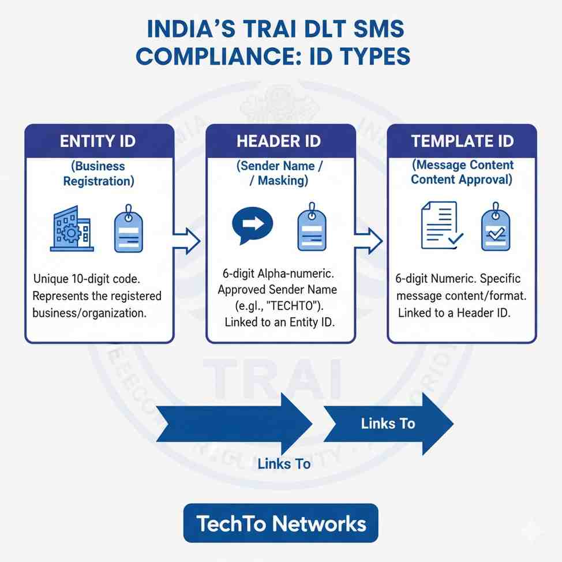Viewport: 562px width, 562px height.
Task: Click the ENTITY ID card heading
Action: (99, 141)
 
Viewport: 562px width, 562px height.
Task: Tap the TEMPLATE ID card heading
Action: (462, 141)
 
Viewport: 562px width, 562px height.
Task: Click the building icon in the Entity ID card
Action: (71, 228)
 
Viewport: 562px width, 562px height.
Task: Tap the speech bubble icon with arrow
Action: (251, 224)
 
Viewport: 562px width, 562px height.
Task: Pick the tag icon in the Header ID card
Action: (312, 228)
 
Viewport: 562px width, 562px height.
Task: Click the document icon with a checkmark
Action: (440, 226)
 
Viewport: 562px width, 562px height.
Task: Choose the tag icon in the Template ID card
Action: (495, 228)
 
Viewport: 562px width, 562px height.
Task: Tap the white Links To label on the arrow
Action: (388, 424)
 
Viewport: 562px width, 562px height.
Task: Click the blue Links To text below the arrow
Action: (284, 463)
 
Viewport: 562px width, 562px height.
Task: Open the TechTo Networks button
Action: (281, 523)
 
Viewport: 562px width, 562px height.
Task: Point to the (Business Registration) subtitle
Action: (99, 173)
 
